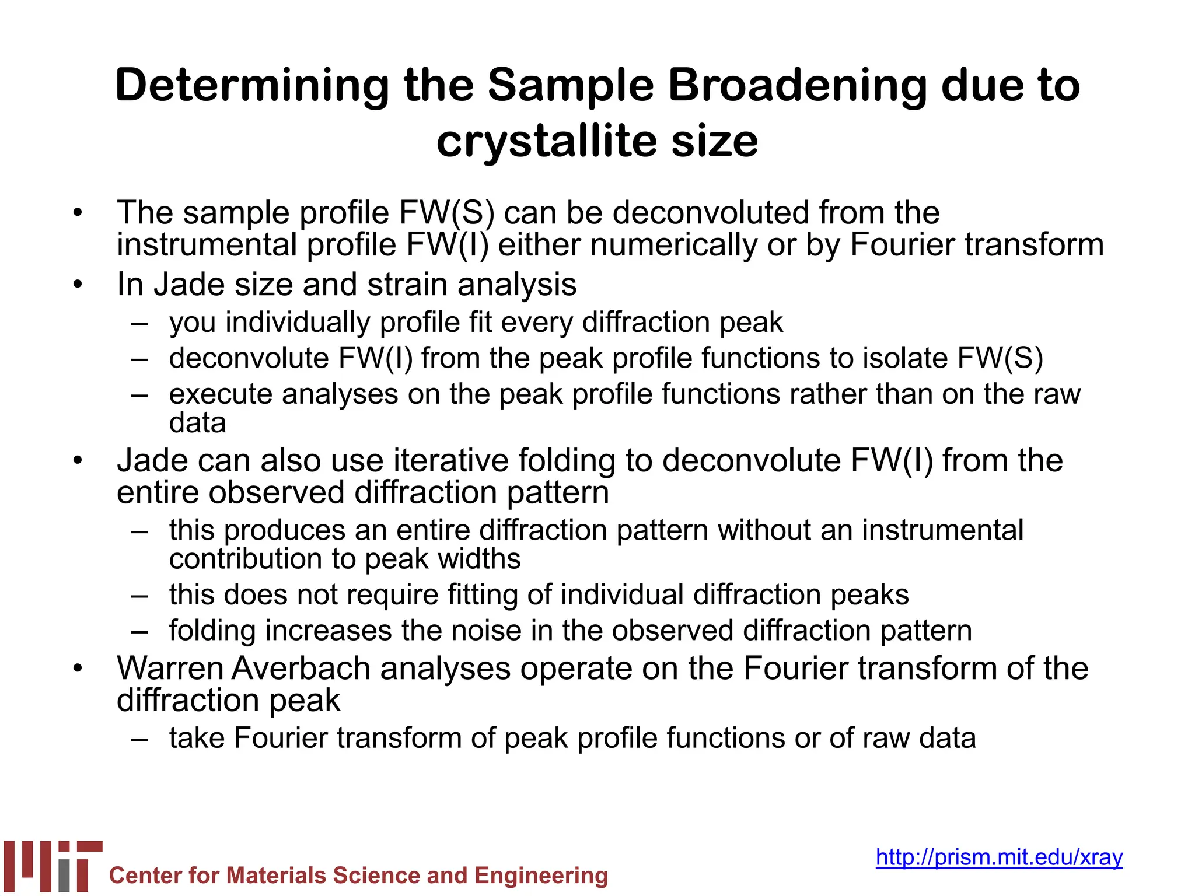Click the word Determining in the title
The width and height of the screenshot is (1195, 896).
point(253,86)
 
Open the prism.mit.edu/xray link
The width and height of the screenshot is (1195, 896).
point(999,857)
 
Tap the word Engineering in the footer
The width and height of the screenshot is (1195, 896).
point(541,876)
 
